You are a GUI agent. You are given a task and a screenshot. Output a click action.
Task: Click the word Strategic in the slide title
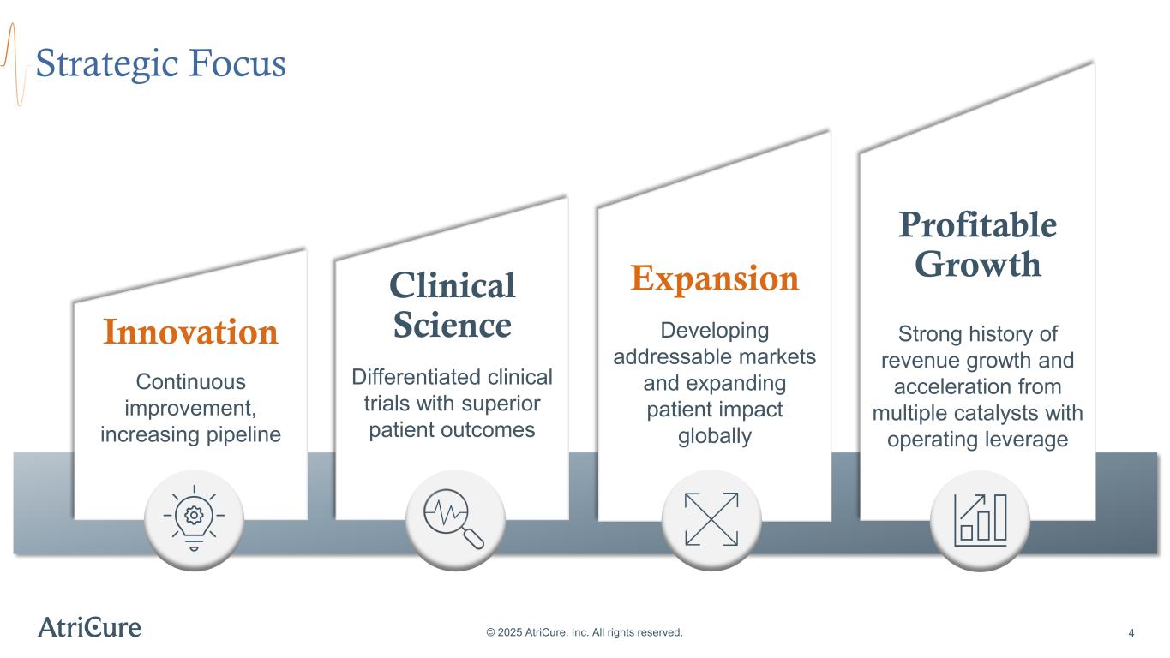point(104,64)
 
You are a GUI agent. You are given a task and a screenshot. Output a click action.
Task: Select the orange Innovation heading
point(190,332)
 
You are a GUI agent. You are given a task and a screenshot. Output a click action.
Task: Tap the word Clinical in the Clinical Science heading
point(452,285)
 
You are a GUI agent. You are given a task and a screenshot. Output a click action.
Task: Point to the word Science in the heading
point(452,326)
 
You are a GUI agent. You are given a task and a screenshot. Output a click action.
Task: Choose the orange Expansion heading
point(714,278)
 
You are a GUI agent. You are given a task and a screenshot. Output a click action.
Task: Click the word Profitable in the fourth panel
point(977,225)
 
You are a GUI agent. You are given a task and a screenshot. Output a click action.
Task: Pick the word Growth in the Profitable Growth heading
point(977,264)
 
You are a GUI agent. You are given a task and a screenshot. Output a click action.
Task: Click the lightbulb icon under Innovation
point(194,519)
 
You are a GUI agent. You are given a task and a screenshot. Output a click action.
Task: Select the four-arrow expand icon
point(711,519)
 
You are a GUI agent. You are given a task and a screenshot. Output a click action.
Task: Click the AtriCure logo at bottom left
point(90,627)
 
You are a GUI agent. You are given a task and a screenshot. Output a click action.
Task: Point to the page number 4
point(1131,633)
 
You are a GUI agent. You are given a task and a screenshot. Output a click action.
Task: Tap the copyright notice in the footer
point(585,632)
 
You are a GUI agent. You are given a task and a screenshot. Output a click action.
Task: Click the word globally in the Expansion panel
point(714,436)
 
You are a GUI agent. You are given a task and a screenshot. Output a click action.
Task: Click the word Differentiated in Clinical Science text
point(403,377)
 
